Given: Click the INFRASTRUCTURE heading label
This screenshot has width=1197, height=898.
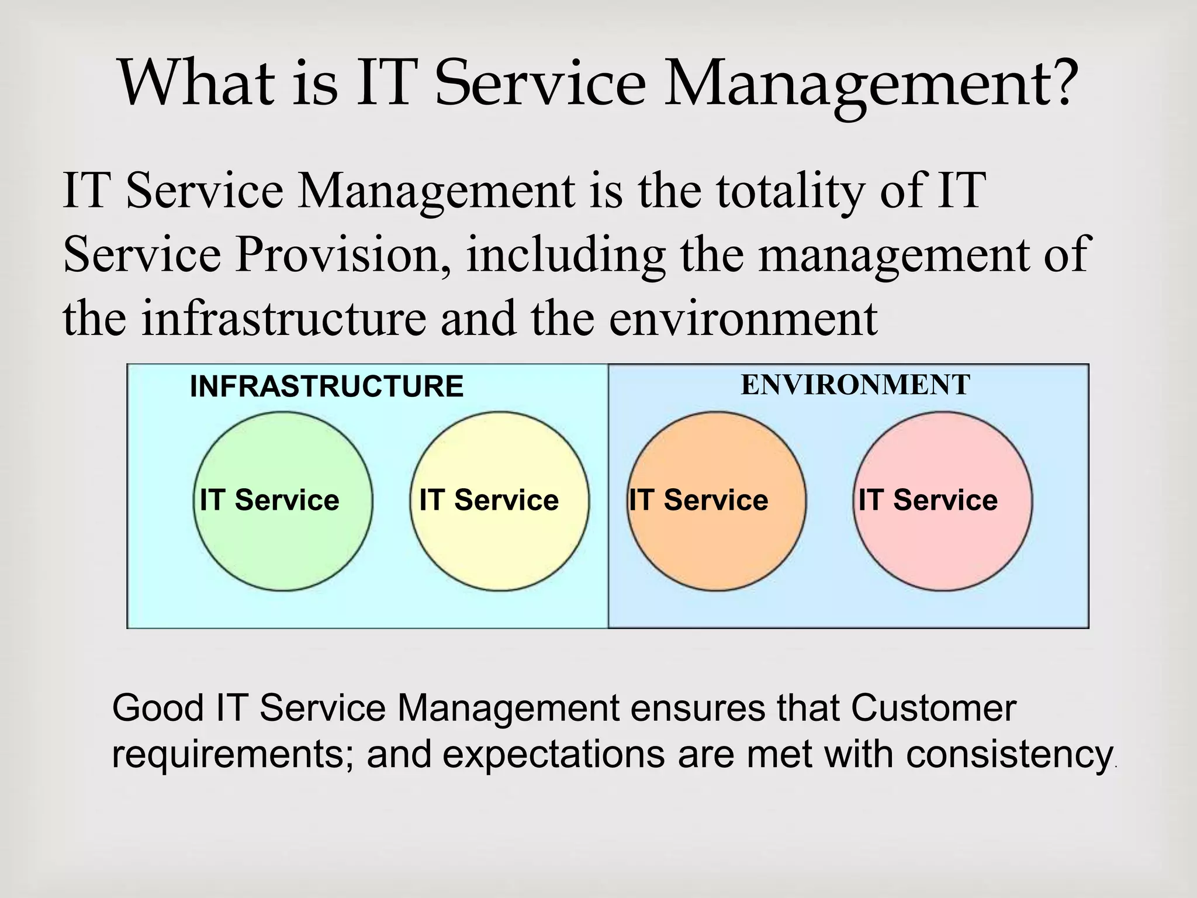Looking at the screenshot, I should tap(327, 386).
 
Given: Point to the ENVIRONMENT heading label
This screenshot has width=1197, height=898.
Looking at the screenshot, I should tap(855, 385).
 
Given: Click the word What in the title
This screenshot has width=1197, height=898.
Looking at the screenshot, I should tap(196, 83).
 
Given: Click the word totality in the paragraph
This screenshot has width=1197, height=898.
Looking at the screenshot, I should tap(790, 191).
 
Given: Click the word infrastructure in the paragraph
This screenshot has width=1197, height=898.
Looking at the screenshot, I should tap(284, 319).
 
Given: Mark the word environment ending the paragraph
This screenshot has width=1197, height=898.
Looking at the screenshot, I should tap(743, 319).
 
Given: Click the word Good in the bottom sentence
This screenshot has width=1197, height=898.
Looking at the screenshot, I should tap(157, 708).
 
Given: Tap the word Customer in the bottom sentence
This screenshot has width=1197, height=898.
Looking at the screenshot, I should tap(933, 708).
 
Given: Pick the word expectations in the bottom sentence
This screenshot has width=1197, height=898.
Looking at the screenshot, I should tap(553, 755).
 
